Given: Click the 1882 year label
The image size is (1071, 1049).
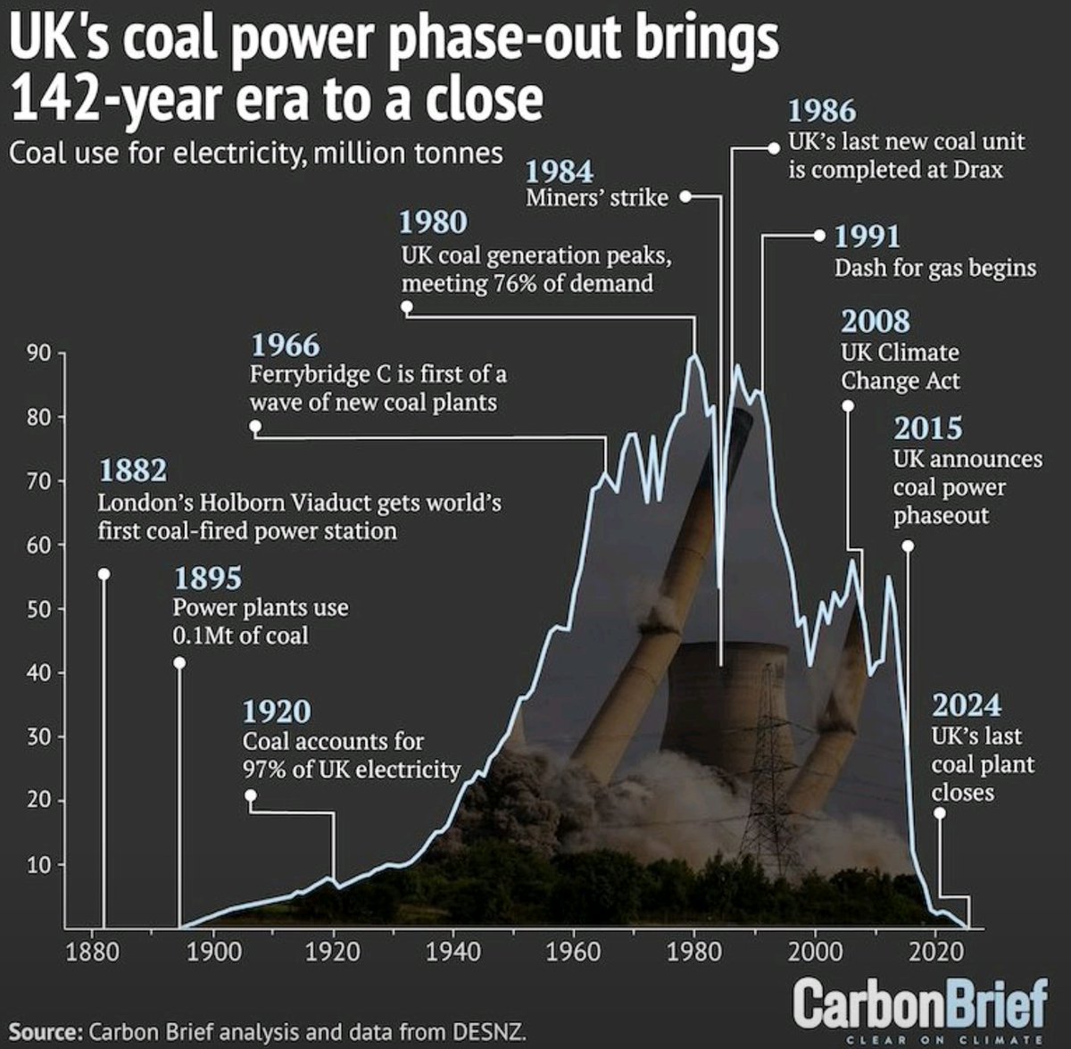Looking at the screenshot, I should coord(133,470).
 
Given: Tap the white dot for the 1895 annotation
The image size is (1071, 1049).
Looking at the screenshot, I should coord(179,662).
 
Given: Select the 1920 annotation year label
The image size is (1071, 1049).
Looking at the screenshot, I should coord(277,712).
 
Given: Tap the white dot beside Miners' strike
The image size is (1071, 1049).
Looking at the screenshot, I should coord(686,196).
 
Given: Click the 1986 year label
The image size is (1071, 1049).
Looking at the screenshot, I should coord(821,111).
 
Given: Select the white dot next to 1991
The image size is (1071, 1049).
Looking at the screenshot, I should coord(820,236).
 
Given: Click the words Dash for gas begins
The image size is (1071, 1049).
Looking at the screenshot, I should coord(935,268).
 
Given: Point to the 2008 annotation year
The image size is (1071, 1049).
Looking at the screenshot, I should coord(876,321).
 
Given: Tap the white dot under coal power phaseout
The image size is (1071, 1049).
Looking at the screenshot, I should coord(908,545).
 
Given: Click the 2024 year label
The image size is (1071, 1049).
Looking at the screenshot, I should coord(967,706).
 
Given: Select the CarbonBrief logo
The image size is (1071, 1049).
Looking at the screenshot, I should coord(919,1003).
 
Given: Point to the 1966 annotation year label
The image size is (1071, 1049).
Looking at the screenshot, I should coord(285,345).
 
